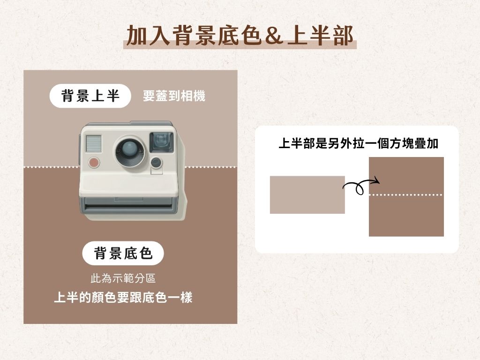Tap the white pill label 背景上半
[90, 96]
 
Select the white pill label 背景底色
[123, 253]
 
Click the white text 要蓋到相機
[174, 96]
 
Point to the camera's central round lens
[130, 151]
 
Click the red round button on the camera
[94, 162]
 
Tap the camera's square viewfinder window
[162, 142]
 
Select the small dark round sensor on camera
[156, 162]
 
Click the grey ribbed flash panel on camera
[94, 143]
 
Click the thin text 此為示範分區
[123, 278]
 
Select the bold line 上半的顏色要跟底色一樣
[123, 297]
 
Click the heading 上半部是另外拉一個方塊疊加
[358, 143]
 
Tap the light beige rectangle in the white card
[307, 195]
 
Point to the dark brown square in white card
[406, 196]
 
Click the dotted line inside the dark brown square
[406, 195]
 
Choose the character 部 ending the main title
[344, 36]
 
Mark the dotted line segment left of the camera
[52, 167]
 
